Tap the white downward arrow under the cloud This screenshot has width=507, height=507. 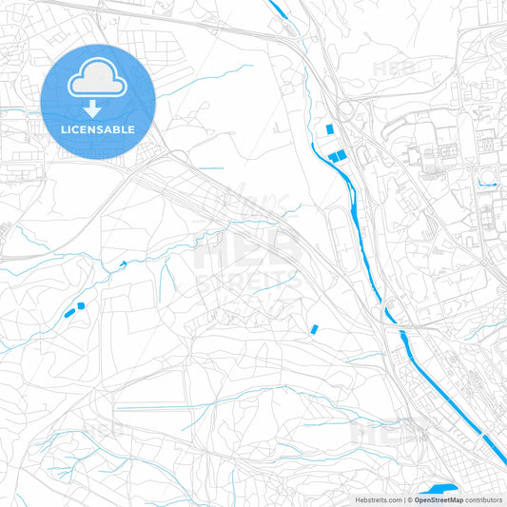[98, 107]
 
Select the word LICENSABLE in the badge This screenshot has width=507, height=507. [98, 128]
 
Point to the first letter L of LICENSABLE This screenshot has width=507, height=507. [64, 128]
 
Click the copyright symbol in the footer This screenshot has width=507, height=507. [408, 499]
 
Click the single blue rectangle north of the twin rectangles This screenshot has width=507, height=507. [330, 129]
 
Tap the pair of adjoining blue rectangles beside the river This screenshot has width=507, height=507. [337, 157]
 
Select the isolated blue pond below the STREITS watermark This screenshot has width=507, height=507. [314, 329]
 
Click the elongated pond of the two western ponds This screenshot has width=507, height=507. [68, 311]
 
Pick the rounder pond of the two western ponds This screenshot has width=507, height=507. [80, 304]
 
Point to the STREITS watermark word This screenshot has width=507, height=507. [249, 283]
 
